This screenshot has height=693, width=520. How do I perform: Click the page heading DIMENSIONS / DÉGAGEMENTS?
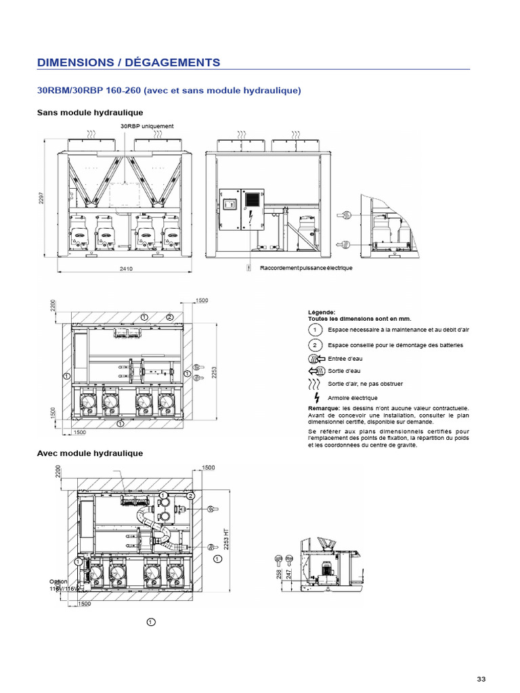(129, 62)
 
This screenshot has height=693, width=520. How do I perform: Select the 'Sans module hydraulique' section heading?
(89, 112)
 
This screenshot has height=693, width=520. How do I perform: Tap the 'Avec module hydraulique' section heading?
(89, 453)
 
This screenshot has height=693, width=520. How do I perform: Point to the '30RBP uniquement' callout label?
(147, 127)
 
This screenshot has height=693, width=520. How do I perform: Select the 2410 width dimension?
(126, 269)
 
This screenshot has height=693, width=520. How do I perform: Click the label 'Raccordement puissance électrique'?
(306, 269)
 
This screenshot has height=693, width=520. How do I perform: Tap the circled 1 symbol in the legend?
(315, 330)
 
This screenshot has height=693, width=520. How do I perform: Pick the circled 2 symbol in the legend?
(315, 345)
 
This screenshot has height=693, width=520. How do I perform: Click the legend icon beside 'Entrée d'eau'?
(315, 359)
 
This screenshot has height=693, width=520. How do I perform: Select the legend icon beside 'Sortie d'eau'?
(315, 371)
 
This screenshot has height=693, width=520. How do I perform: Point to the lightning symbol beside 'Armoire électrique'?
(316, 397)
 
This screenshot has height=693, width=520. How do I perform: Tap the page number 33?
(481, 679)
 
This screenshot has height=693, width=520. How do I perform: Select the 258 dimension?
(280, 574)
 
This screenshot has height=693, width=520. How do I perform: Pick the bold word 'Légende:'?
(321, 312)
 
